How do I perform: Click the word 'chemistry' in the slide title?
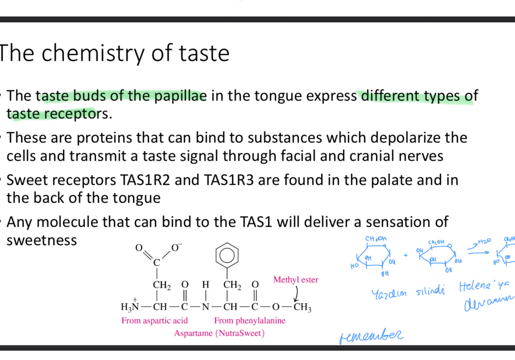pyautogui.click(x=91, y=54)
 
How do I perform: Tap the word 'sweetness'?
pyautogui.click(x=41, y=240)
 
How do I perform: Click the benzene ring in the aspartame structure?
pyautogui.click(x=227, y=256)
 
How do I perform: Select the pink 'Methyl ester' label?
pyautogui.click(x=296, y=280)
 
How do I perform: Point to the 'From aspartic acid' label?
pyautogui.click(x=154, y=321)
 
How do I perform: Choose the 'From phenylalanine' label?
pyautogui.click(x=250, y=321)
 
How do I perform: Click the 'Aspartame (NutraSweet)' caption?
pyautogui.click(x=219, y=333)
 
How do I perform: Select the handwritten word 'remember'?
pyautogui.click(x=371, y=334)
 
